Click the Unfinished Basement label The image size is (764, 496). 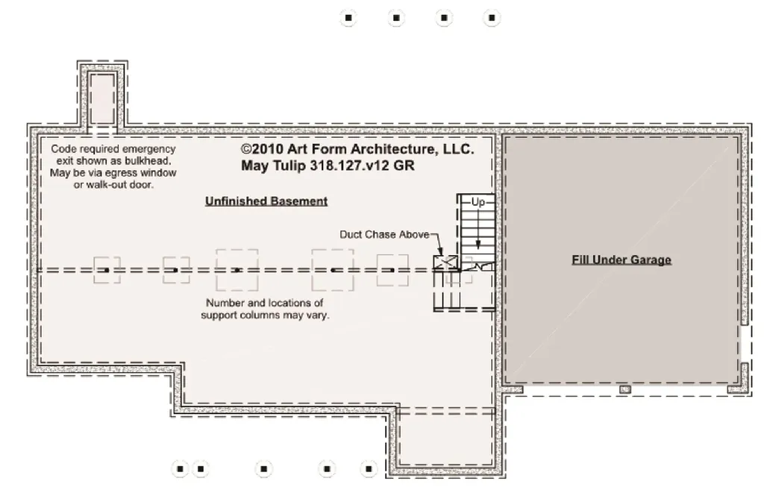[266, 201]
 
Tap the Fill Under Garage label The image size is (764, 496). [621, 260]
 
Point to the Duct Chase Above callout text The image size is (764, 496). [384, 234]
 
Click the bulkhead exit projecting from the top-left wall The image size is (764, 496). [103, 97]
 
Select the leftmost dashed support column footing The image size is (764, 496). [107, 270]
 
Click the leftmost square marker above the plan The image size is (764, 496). [348, 18]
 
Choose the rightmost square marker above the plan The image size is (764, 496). [491, 18]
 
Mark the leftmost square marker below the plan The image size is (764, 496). [180, 469]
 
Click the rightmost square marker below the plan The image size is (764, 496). [368, 469]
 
